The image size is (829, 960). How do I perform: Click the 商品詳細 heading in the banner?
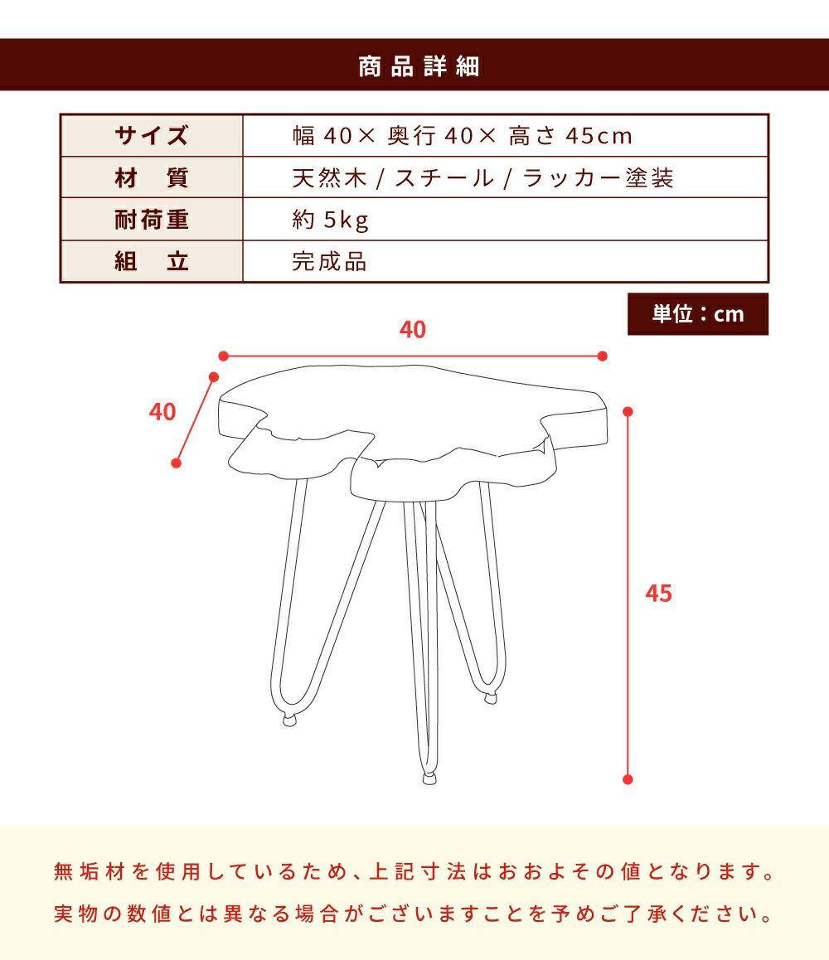(x=419, y=66)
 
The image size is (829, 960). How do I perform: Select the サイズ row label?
(x=152, y=135)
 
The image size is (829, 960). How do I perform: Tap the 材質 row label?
(x=152, y=177)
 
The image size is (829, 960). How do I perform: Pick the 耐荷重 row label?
(x=152, y=219)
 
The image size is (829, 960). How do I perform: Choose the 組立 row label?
(x=152, y=261)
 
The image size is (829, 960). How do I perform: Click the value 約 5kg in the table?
(x=331, y=220)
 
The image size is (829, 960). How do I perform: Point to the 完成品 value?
(x=329, y=261)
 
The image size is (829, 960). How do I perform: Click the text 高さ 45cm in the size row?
(x=570, y=136)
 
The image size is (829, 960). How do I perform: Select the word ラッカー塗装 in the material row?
(x=599, y=178)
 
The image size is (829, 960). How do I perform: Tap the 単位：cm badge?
(x=698, y=314)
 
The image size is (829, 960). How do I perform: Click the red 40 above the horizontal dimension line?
(x=413, y=329)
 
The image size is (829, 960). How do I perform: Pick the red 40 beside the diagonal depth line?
(x=162, y=411)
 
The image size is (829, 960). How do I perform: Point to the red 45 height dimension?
(x=659, y=594)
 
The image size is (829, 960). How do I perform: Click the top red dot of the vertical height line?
(x=628, y=411)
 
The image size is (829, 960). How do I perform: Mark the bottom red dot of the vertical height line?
(x=628, y=779)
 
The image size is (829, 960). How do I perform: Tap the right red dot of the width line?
(x=603, y=356)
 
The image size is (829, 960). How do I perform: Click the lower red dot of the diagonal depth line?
(x=177, y=463)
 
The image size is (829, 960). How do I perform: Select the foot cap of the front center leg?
(x=429, y=778)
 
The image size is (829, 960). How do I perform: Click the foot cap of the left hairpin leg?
(x=289, y=720)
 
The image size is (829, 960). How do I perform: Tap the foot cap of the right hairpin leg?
(x=490, y=698)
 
